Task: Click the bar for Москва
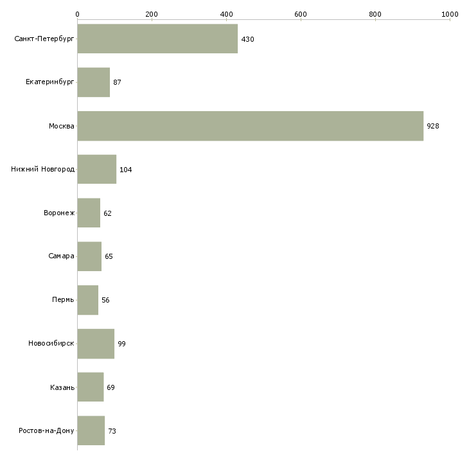click(251, 126)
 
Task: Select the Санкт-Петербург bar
click(157, 39)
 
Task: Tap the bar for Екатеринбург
click(93, 82)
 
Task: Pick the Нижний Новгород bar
click(96, 170)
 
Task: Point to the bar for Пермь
click(87, 300)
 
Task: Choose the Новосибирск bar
click(96, 344)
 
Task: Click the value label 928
click(433, 126)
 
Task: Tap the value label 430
click(247, 39)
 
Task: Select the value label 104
click(125, 170)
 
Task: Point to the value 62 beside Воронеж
click(107, 213)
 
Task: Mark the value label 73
click(112, 431)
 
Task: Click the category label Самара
click(61, 256)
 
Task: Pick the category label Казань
click(62, 387)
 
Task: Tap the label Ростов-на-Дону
click(47, 431)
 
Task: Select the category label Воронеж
click(59, 213)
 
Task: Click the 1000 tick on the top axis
click(450, 13)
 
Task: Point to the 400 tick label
click(226, 13)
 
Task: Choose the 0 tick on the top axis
click(77, 13)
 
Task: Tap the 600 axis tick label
click(301, 13)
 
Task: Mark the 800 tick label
click(375, 13)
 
